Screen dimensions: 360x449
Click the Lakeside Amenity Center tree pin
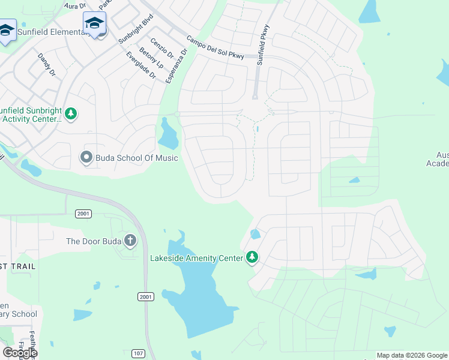point(253,258)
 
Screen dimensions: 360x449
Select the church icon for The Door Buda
point(129,241)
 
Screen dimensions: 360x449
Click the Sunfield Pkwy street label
point(263,44)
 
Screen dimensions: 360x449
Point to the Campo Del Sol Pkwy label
point(215,47)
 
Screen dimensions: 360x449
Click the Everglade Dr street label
point(140,66)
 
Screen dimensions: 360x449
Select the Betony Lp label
point(151,57)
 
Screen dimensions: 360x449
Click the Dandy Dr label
point(46,64)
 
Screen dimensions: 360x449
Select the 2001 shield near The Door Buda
point(83,214)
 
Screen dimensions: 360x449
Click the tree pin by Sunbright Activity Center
point(71,113)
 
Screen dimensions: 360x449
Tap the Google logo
point(20,352)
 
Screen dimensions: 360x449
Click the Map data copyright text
point(412,355)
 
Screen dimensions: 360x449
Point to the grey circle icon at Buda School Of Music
point(86,158)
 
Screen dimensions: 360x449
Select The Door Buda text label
point(93,241)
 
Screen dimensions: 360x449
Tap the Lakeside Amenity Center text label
point(196,258)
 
